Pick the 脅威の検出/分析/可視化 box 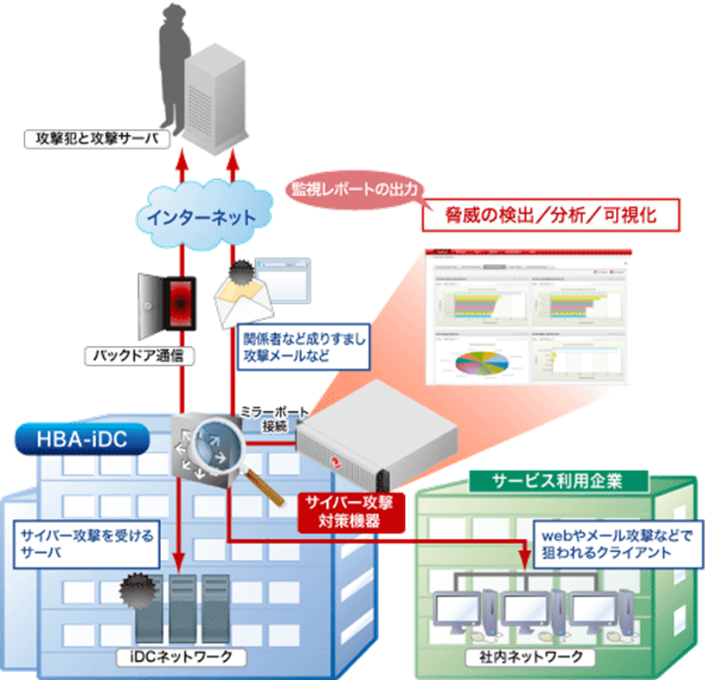(x=550, y=215)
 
